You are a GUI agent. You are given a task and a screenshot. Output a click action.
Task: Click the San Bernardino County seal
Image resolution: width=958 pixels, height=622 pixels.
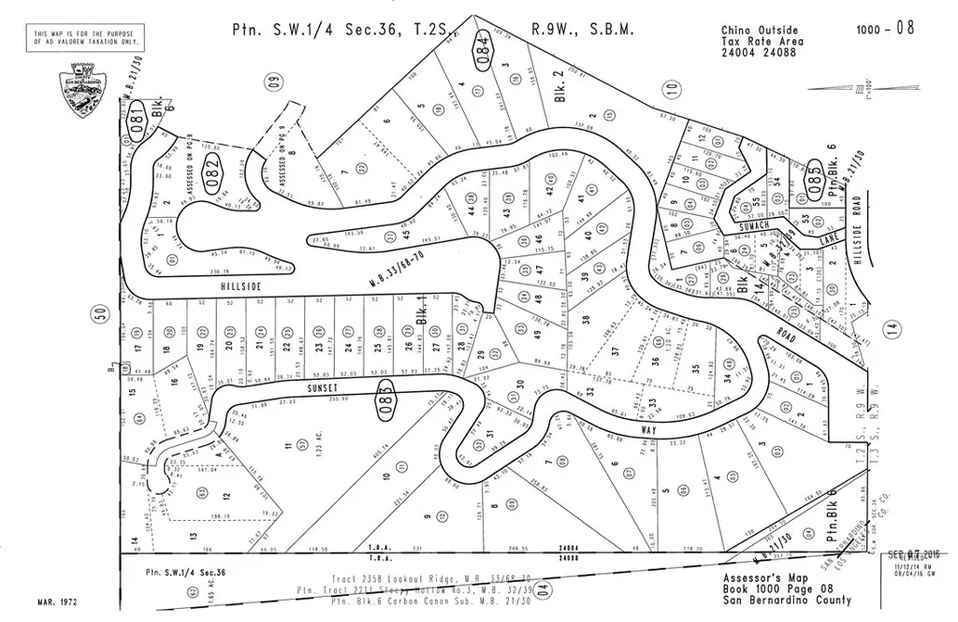pyautogui.click(x=82, y=91)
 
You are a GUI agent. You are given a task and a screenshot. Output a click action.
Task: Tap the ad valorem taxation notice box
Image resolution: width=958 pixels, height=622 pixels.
pyautogui.click(x=87, y=38)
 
